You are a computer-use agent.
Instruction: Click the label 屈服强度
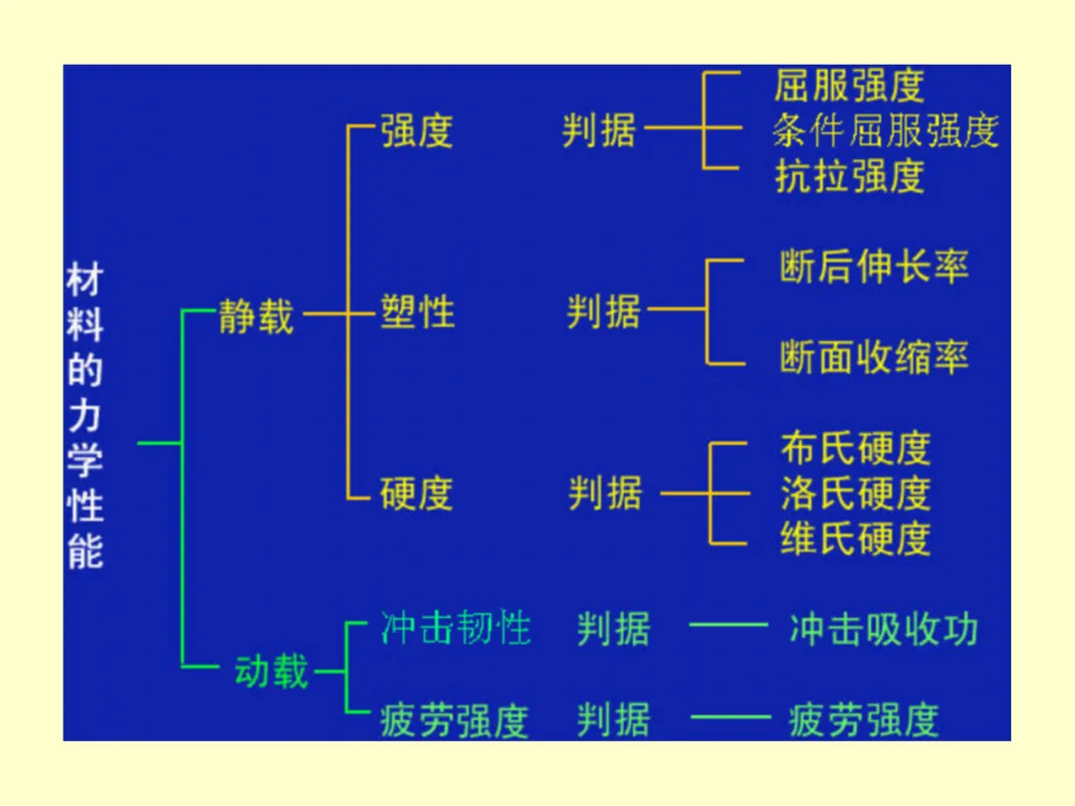click(x=849, y=86)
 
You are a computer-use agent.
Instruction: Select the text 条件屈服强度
click(x=885, y=130)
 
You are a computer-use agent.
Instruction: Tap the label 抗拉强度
click(x=849, y=176)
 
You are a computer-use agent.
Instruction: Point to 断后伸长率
click(x=873, y=267)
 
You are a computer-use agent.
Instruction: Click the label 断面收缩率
click(x=873, y=357)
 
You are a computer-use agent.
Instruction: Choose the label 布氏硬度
click(x=855, y=449)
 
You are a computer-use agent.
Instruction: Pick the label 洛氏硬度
click(x=855, y=494)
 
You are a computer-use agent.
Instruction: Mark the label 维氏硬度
click(x=855, y=538)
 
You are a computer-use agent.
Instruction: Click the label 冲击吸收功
click(x=883, y=629)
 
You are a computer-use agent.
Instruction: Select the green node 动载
click(x=272, y=672)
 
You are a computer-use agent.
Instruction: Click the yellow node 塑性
click(x=417, y=312)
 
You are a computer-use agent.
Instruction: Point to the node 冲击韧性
click(x=455, y=629)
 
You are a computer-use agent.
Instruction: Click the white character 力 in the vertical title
click(x=85, y=417)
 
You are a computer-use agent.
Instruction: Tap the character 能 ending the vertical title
click(x=85, y=551)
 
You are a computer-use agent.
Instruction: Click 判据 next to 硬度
click(x=605, y=494)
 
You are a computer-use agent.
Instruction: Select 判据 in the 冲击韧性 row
click(x=613, y=629)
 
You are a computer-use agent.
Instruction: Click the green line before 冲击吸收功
click(x=728, y=626)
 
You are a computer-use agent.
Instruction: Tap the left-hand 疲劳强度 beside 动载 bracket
click(x=454, y=719)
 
